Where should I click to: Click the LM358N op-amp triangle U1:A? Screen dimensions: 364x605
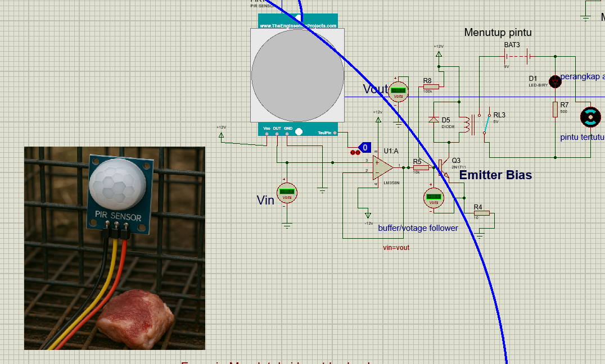382,167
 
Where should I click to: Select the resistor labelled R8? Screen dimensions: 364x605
431,87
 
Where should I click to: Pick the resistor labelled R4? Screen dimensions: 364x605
481,213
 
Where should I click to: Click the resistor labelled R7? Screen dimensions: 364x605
555,109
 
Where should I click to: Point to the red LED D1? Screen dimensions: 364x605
556,81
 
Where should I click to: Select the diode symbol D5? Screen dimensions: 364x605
434,120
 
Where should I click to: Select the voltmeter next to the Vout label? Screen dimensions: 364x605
399,90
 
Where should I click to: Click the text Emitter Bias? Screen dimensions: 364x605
495,175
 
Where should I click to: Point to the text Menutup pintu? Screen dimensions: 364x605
498,33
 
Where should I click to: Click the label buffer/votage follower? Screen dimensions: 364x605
418,228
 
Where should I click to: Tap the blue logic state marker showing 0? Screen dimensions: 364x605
365,148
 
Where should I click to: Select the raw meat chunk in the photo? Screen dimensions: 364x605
136,318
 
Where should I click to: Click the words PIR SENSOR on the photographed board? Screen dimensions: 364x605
118,215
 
